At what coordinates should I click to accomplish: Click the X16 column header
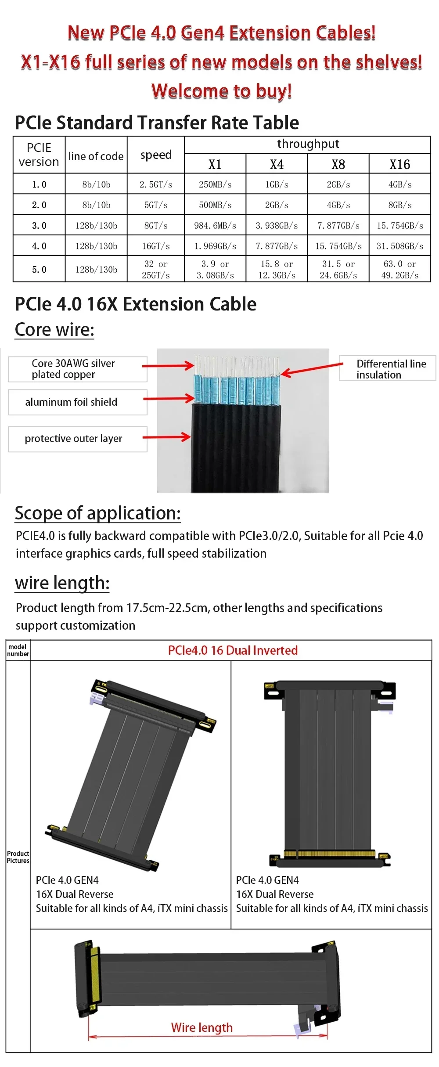click(399, 164)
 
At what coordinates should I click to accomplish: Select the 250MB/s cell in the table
click(215, 184)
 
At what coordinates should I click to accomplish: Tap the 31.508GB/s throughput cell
click(399, 246)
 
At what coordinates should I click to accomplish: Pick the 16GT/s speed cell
click(156, 246)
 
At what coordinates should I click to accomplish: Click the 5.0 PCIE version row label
click(39, 269)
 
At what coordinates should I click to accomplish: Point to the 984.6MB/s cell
click(215, 226)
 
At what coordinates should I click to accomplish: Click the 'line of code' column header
click(96, 156)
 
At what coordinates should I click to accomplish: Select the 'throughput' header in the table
click(308, 144)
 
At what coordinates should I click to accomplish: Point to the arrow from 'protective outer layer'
click(166, 437)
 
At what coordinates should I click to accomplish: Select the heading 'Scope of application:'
click(97, 513)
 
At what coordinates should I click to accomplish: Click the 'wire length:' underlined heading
click(62, 583)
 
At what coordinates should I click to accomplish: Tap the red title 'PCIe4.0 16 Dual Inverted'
click(233, 650)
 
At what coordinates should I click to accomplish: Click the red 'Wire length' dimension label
click(202, 1027)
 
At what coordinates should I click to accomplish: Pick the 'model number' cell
click(18, 650)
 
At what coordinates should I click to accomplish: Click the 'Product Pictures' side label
click(18, 857)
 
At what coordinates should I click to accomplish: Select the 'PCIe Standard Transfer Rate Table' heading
click(157, 123)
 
